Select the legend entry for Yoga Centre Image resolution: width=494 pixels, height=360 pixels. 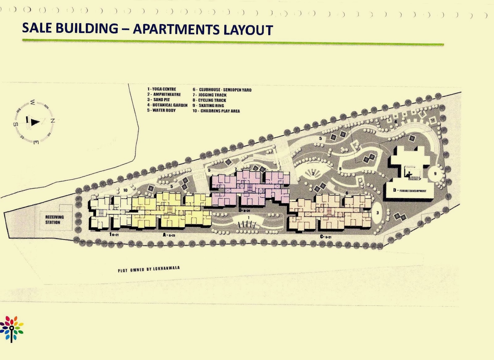coord(161,89)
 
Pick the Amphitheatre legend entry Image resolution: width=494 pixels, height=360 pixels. coord(164,94)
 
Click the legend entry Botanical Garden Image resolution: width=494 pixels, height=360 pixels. coord(167,105)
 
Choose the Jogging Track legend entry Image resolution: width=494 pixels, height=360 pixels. coord(210,95)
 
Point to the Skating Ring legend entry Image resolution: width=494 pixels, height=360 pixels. coord(208,106)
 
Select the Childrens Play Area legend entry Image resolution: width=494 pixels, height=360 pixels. coord(216,111)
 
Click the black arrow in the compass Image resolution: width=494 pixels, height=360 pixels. coord(35,122)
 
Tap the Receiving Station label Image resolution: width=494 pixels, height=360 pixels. coord(54,220)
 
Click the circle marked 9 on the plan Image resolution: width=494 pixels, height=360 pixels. coord(435,174)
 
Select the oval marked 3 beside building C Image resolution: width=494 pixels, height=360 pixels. coord(377,213)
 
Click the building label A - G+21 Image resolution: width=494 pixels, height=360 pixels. coord(169,235)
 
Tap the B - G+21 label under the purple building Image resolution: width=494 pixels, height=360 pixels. coord(244,210)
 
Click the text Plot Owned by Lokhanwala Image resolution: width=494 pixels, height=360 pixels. coord(149,269)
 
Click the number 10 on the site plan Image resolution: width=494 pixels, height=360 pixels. coord(125,190)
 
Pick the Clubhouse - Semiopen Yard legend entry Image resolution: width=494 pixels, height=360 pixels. coord(222,90)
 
